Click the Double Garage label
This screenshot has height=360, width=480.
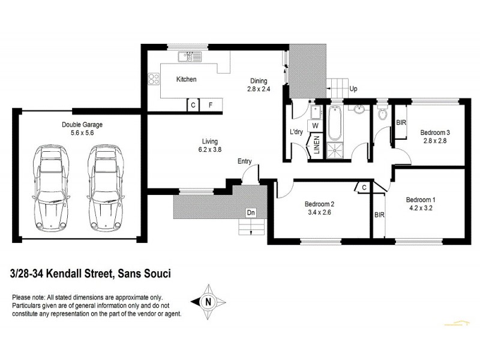click(82, 125)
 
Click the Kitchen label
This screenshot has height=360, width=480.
click(186, 79)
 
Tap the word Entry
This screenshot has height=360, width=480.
click(245, 161)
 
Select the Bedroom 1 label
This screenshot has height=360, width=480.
click(421, 200)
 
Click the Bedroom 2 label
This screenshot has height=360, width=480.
click(319, 203)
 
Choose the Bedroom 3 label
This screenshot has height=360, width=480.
click(435, 133)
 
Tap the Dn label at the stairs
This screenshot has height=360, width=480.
click(250, 212)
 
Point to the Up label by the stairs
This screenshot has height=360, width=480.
click(353, 89)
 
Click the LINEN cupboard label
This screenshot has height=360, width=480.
click(316, 147)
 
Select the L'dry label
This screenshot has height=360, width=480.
click(296, 131)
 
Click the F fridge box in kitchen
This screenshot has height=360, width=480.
click(211, 105)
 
